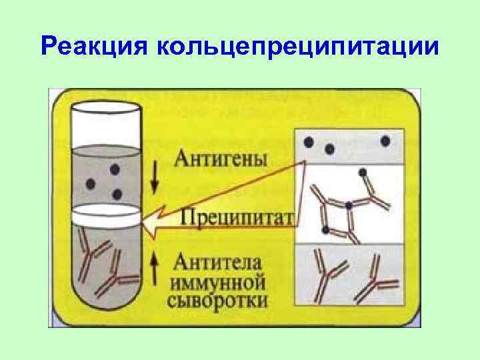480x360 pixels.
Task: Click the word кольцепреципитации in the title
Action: pyautogui.click(x=297, y=48)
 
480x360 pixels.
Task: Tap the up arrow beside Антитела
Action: pyautogui.click(x=155, y=264)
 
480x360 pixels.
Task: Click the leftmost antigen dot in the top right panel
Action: pyautogui.click(x=309, y=141)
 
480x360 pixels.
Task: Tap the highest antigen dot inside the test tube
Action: pyautogui.click(x=115, y=170)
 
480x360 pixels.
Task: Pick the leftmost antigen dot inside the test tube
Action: pyautogui.click(x=91, y=183)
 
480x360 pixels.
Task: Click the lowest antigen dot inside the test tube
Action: pyautogui.click(x=117, y=194)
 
